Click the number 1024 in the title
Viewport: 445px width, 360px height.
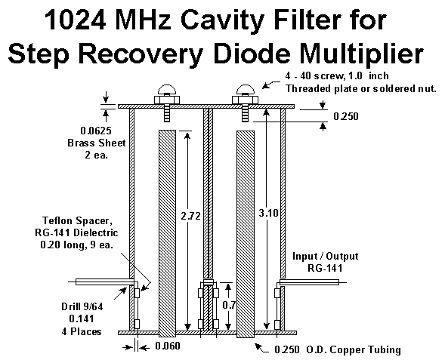(x=76, y=20)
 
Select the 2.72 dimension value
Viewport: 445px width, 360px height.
(x=190, y=217)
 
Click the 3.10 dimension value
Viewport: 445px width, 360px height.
(x=268, y=213)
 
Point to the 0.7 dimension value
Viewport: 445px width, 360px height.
(x=229, y=305)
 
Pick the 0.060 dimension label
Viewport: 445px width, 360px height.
(x=168, y=346)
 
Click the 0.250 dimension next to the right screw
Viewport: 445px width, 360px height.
(x=346, y=116)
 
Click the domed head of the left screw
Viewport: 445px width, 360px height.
(x=167, y=89)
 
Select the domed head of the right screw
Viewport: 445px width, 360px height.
(x=246, y=89)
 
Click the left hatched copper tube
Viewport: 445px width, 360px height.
(x=167, y=233)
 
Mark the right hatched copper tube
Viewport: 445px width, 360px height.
(x=246, y=234)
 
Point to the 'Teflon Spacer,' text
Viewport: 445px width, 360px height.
(x=76, y=220)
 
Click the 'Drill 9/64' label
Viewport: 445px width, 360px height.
(x=82, y=306)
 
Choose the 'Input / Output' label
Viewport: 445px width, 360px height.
(x=325, y=256)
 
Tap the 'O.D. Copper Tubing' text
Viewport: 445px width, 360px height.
(x=354, y=349)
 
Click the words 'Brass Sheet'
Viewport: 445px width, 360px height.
(x=97, y=143)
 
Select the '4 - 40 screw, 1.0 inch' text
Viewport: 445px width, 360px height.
(x=337, y=76)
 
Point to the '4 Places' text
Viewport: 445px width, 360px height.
(x=82, y=331)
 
